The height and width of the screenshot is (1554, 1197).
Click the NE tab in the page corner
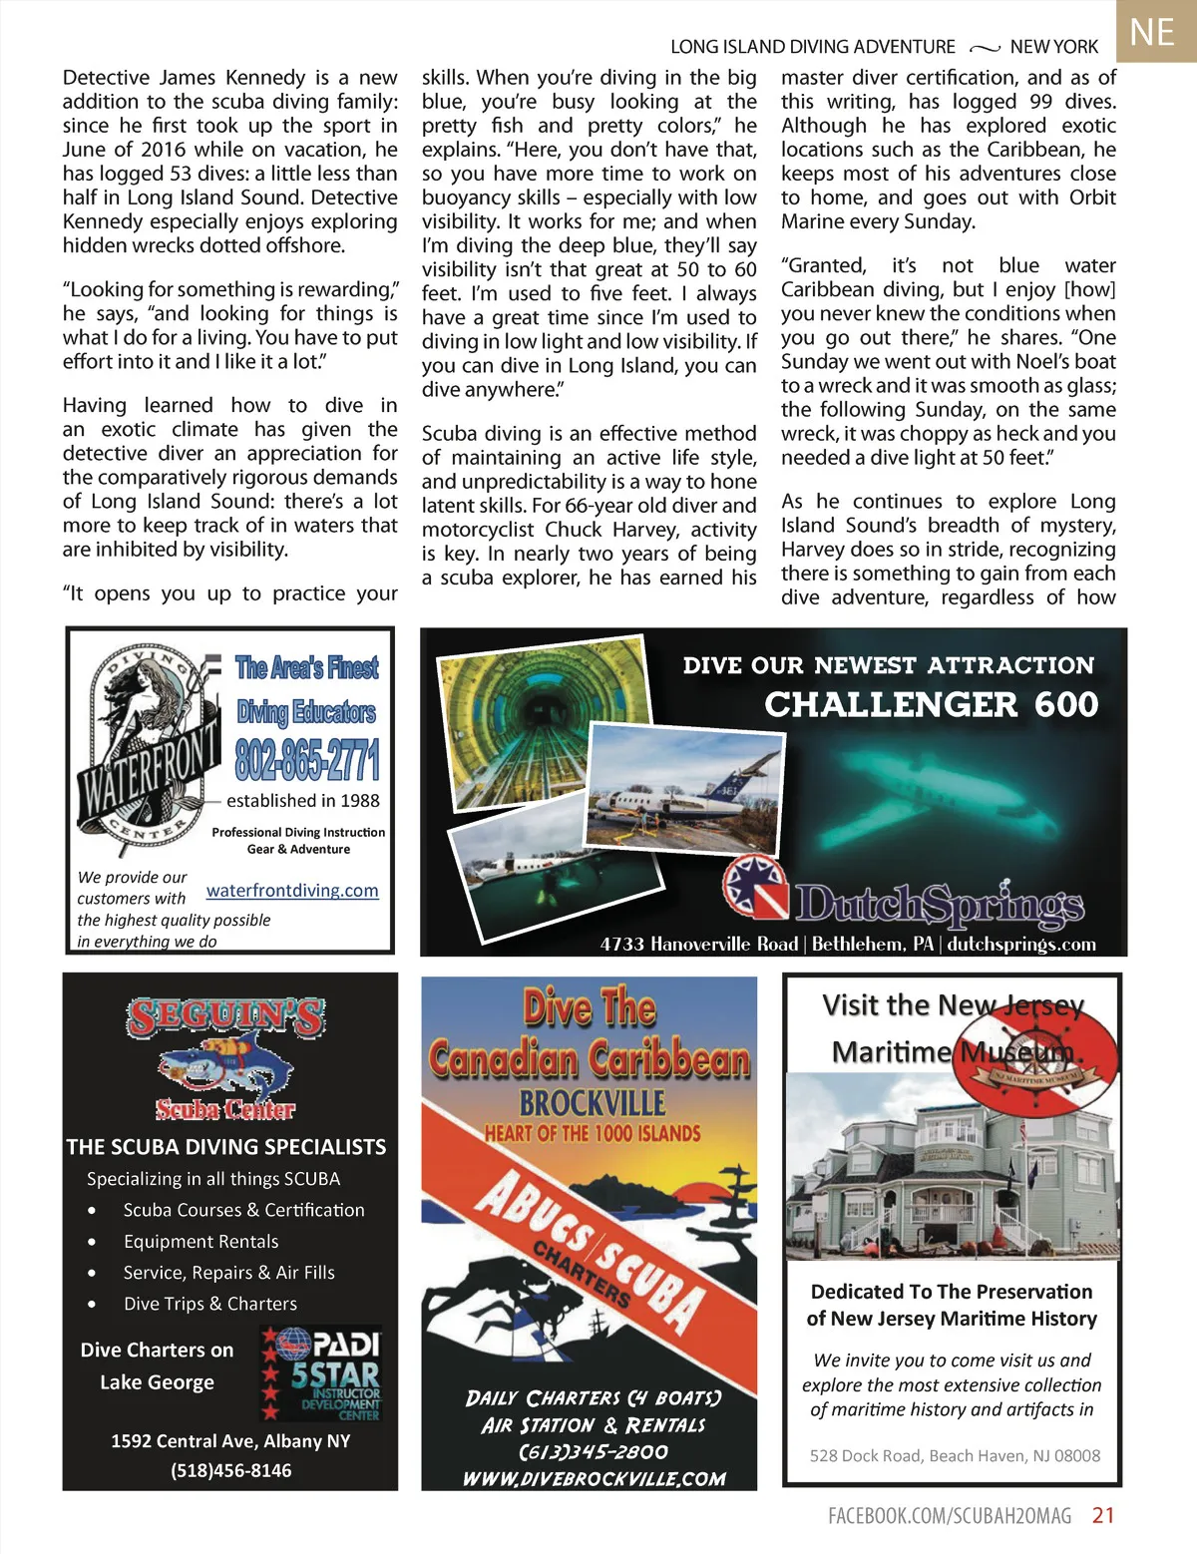point(1153,32)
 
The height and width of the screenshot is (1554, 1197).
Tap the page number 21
point(1103,1515)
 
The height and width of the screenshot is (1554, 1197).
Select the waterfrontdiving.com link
point(292,890)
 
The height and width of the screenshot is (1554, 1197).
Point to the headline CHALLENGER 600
point(931,704)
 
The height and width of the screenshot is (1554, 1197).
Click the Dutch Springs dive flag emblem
point(755,885)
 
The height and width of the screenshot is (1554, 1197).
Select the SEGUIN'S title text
point(225,1017)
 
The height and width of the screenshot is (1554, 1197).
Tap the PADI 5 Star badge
point(321,1373)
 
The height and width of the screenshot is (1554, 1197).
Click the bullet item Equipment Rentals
point(200,1241)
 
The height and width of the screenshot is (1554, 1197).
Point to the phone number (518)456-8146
point(230,1470)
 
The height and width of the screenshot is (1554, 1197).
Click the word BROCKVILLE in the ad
point(592,1103)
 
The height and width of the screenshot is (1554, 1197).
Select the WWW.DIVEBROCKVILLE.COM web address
point(594,1478)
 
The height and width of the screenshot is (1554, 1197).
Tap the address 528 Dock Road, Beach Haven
point(955,1455)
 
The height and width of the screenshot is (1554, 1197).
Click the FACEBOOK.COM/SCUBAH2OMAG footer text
point(949,1515)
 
